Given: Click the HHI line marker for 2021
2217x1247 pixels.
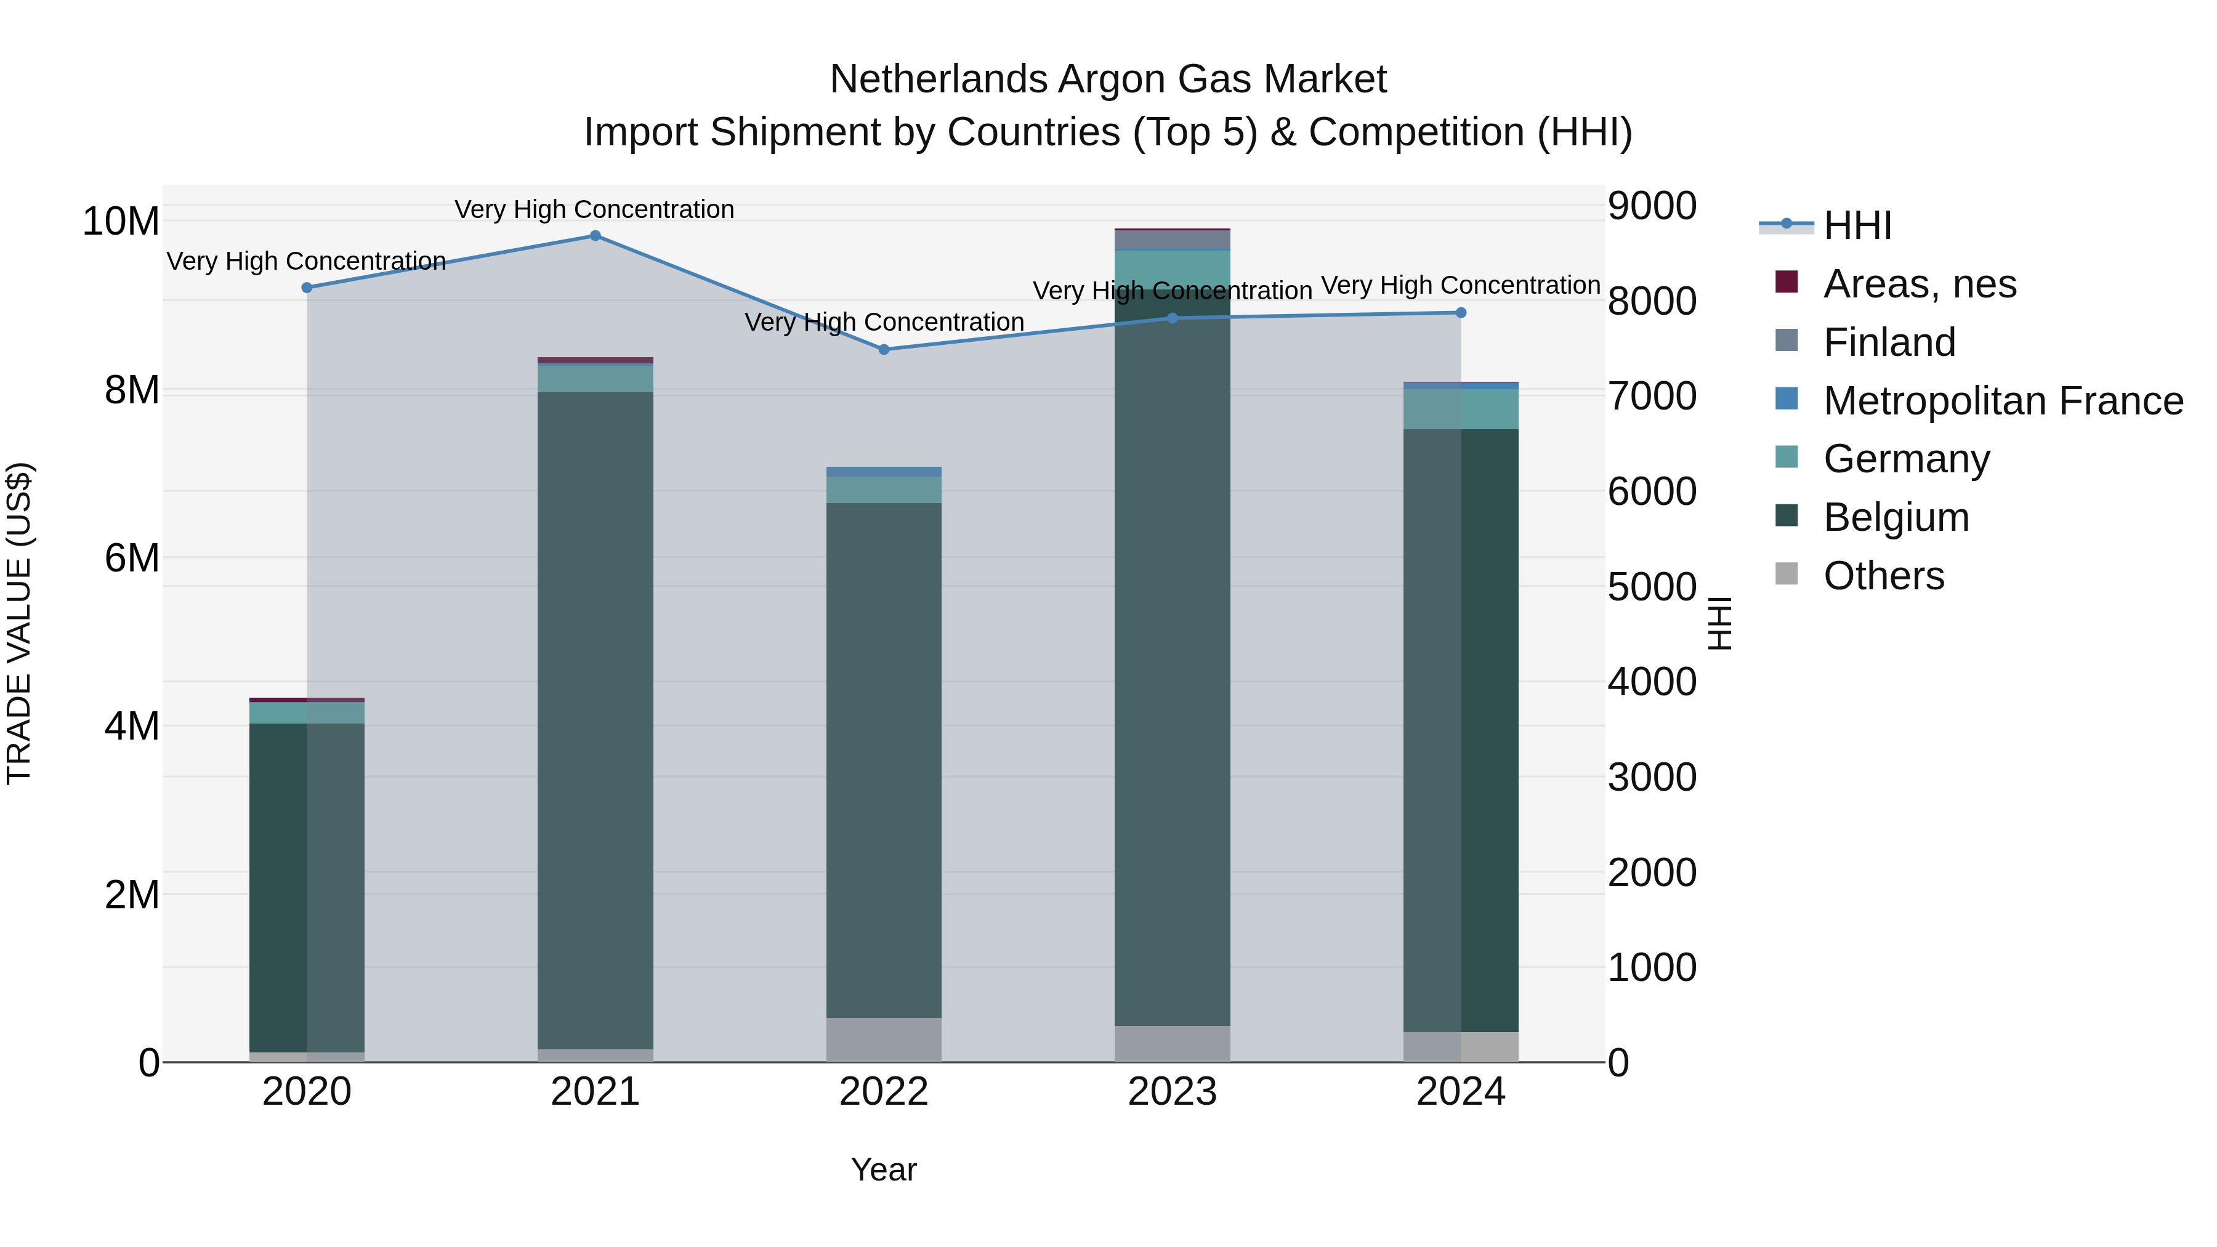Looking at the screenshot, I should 595,236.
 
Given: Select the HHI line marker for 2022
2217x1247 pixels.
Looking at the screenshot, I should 884,349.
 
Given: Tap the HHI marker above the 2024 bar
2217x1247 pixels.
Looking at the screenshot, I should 1461,312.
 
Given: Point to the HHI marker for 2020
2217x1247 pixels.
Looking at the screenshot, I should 307,288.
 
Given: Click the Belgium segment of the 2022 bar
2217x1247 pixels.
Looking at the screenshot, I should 884,757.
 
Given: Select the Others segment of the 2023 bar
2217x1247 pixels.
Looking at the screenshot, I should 1172,1043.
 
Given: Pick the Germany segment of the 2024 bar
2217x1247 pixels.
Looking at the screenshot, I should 1461,409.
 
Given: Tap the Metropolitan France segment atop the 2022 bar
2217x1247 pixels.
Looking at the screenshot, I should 884,472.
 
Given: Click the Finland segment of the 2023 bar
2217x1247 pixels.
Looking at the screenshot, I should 1172,240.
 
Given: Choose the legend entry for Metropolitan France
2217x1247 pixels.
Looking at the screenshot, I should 2003,401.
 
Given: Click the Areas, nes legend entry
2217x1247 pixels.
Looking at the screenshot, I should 1919,284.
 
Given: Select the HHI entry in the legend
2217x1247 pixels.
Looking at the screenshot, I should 1857,225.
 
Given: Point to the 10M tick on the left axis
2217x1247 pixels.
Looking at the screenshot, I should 121,221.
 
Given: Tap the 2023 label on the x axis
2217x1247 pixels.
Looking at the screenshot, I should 1172,1092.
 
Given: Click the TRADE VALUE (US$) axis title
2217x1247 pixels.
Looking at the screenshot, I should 19,623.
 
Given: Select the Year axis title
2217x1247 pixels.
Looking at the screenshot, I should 884,1169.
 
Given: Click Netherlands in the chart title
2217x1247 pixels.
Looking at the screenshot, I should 938,79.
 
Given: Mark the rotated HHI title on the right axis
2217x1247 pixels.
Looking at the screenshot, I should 1719,623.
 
